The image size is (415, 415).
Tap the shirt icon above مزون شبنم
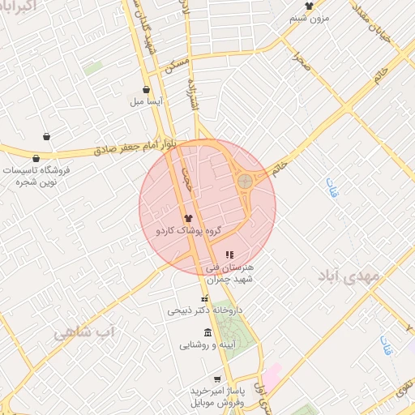pos(309,6)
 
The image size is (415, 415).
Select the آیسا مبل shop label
pos(146,103)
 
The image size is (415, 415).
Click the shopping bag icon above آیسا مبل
pos(146,90)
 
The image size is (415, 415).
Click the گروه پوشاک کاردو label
pos(189,231)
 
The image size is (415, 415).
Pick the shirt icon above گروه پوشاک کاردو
pos(189,217)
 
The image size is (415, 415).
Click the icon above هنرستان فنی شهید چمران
pos(229,255)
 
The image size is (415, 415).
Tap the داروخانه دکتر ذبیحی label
pos(205,310)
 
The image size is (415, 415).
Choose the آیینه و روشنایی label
pos(207,345)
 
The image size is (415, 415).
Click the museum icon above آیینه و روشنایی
pos(208,332)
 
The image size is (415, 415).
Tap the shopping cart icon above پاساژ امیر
pos(216,379)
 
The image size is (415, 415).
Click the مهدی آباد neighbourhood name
pos(350,276)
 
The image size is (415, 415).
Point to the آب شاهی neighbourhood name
pos(85,332)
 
